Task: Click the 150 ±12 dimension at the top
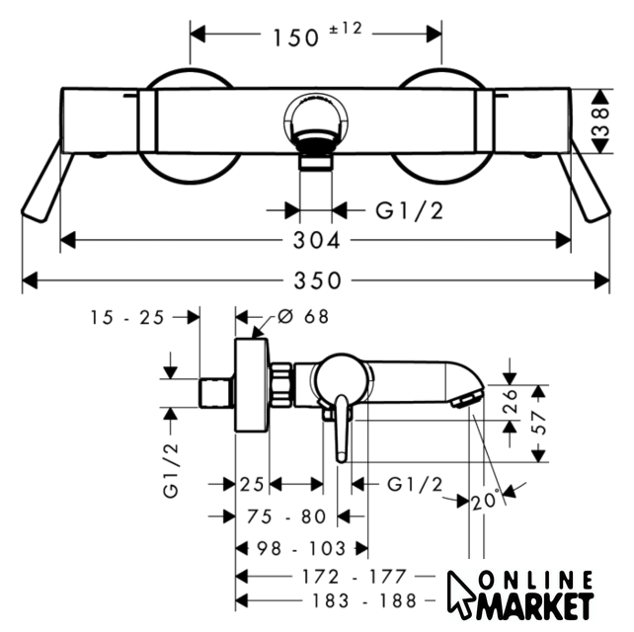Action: (317, 36)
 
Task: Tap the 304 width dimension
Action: (317, 241)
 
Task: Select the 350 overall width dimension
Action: (317, 280)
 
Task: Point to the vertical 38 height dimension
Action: (601, 120)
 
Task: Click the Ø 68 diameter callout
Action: (303, 316)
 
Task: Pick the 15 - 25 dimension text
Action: (127, 317)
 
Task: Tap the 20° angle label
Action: (485, 501)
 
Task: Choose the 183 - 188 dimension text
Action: (363, 600)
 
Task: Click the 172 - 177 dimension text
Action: (354, 577)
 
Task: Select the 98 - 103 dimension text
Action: (301, 549)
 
